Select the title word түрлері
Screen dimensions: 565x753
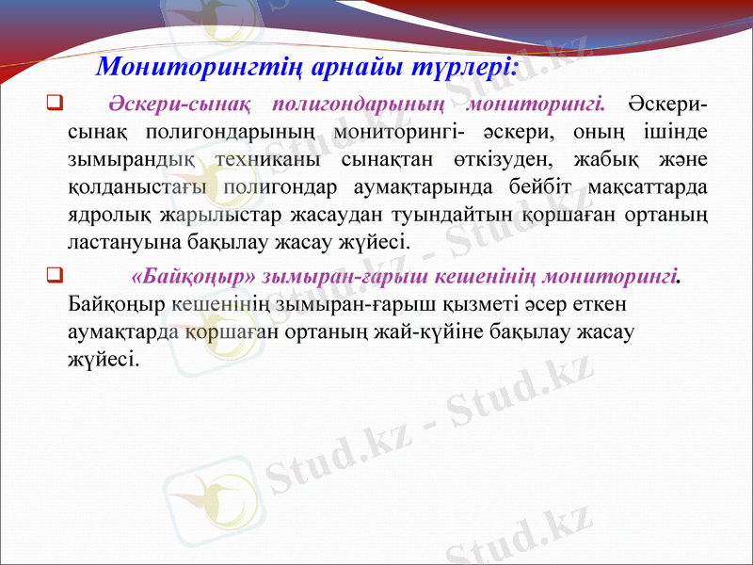tap(466, 68)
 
